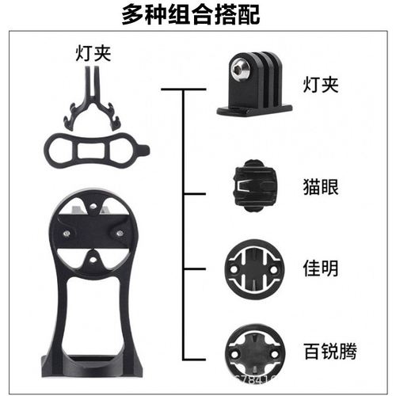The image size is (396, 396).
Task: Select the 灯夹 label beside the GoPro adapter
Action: pos(319,84)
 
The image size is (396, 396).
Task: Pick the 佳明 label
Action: pos(319,268)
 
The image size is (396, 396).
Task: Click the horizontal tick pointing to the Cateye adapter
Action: pos(198,192)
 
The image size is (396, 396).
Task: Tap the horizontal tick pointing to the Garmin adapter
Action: pos(198,269)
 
